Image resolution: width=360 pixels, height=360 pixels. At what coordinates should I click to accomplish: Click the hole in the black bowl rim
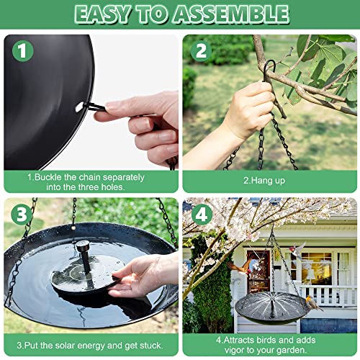[x=78, y=107]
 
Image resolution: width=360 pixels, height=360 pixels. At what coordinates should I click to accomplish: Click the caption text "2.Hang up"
[x=268, y=181]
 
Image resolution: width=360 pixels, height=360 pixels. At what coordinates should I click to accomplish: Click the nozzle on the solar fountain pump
[x=84, y=248]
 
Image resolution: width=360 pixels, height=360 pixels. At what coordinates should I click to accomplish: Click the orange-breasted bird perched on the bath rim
[x=312, y=303]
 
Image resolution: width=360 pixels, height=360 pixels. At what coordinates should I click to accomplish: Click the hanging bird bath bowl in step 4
[x=270, y=306]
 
